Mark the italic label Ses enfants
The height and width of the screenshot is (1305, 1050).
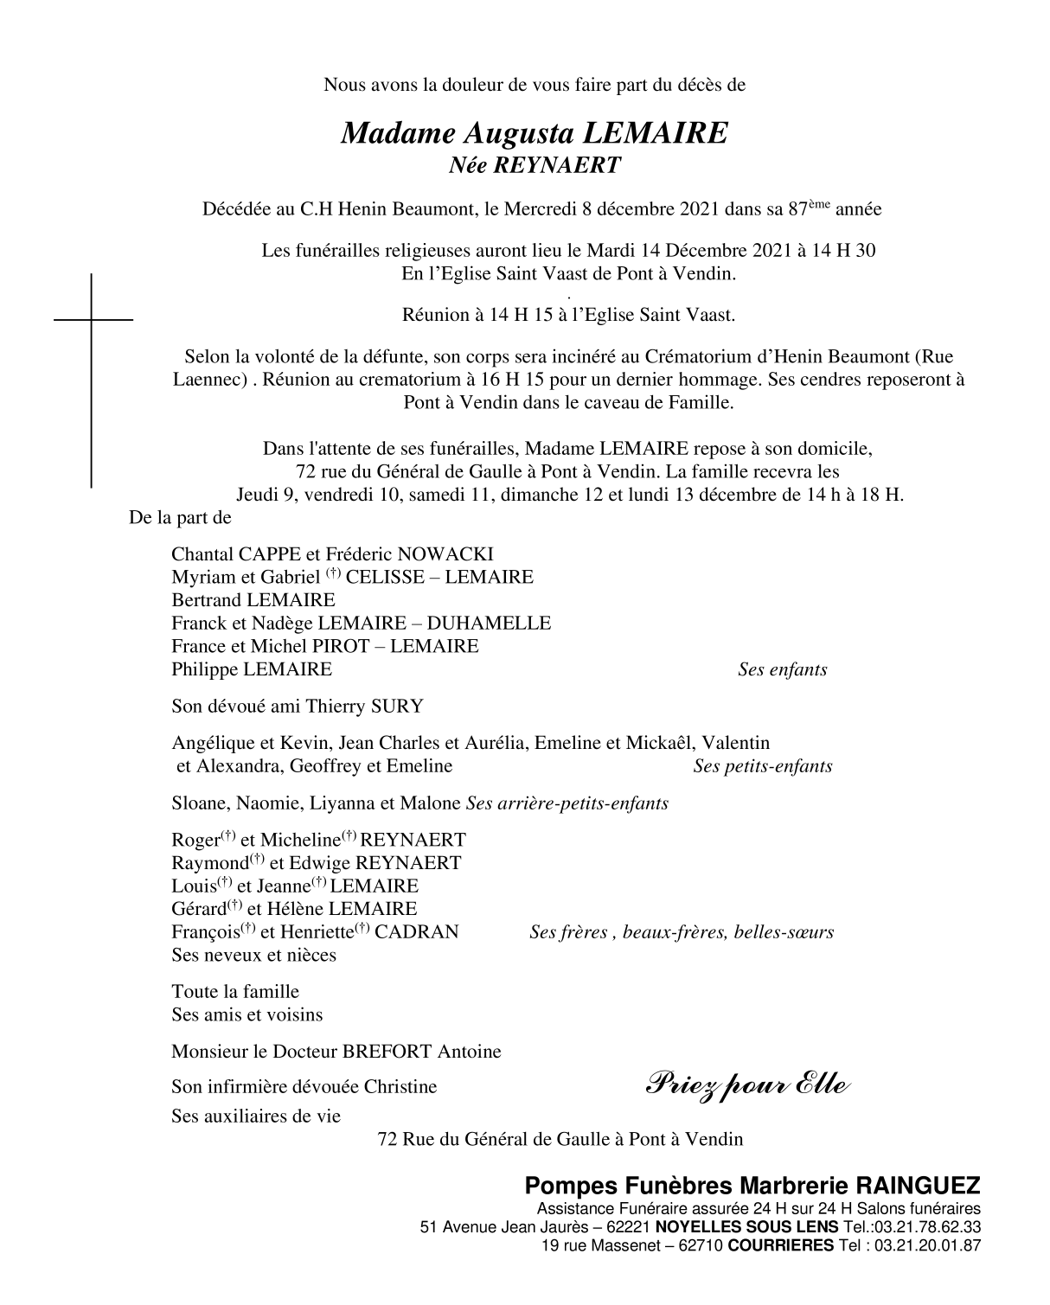[x=782, y=670]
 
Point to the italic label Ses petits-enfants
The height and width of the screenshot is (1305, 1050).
[x=762, y=766]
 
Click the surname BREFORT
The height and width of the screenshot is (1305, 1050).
[x=387, y=1052]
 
